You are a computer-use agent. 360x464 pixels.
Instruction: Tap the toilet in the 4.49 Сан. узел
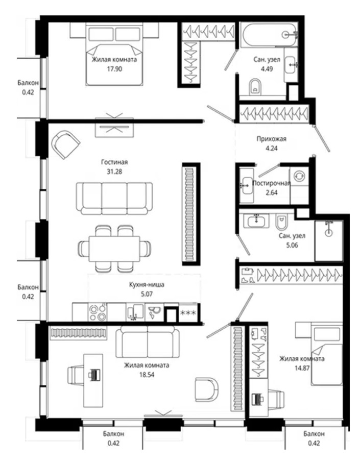tap(255, 87)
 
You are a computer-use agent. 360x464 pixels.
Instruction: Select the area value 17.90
tap(114, 69)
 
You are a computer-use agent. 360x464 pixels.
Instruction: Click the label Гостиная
tap(114, 162)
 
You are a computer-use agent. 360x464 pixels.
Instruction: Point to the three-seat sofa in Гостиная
tap(114, 198)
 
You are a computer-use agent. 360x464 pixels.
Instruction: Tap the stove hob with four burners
tap(98, 312)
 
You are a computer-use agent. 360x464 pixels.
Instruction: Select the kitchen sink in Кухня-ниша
tap(135, 312)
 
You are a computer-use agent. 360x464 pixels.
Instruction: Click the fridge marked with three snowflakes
tap(188, 313)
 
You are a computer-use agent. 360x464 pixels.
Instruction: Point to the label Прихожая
tap(272, 138)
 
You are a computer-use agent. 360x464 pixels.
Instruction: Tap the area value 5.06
tap(292, 246)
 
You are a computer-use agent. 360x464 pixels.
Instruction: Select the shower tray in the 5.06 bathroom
tap(329, 240)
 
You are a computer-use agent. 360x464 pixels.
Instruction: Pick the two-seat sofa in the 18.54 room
tap(148, 342)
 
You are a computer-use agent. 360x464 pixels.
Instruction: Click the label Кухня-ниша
tap(147, 285)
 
